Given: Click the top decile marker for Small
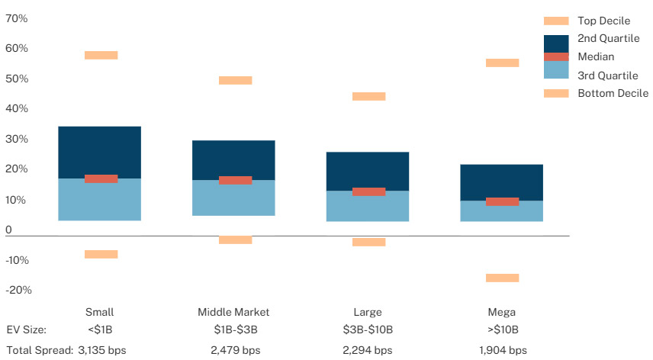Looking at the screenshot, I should tap(101, 55).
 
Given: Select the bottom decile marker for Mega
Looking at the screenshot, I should tap(502, 278).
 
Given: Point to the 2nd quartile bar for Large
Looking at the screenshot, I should tap(368, 171).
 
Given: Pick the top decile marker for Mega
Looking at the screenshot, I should tap(502, 63).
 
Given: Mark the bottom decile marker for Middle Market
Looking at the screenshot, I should tap(235, 239).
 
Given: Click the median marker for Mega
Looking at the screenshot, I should tap(502, 201).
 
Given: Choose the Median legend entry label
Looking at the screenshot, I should tap(596, 56).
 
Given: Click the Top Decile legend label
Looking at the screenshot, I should tap(603, 21).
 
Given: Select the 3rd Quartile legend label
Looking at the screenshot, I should tap(608, 75).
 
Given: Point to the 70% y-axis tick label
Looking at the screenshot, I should tap(17, 18).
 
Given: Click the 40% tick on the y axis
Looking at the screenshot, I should tap(17, 109).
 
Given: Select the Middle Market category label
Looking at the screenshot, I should tap(233, 312).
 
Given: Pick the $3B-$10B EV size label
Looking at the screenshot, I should tap(368, 330).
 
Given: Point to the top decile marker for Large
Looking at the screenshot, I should tap(368, 96).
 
